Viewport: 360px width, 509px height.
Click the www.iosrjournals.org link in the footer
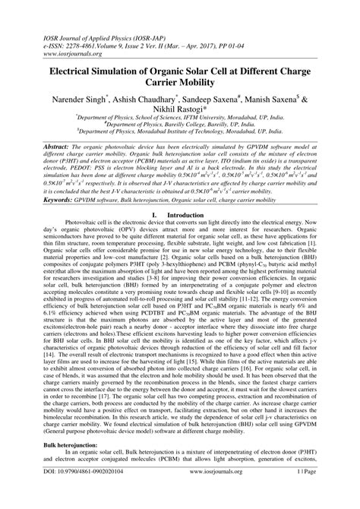(180, 494)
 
